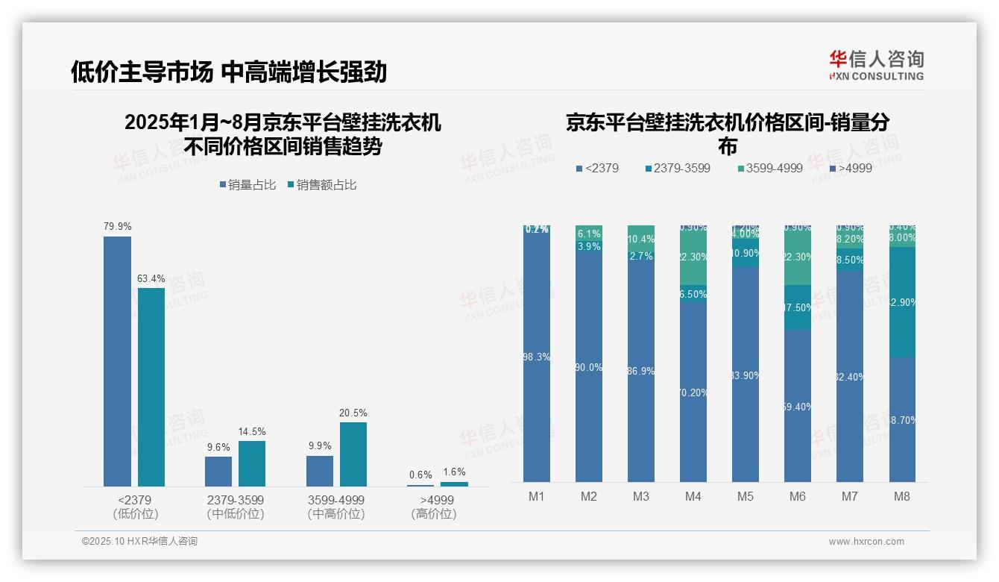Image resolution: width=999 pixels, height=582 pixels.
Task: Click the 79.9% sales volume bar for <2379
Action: pyautogui.click(x=117, y=361)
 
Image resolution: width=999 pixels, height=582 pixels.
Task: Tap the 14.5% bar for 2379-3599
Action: pyautogui.click(x=252, y=463)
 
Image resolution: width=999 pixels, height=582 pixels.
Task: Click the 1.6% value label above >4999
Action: pyautogui.click(x=454, y=472)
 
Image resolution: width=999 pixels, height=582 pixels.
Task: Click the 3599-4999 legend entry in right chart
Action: pyautogui.click(x=769, y=169)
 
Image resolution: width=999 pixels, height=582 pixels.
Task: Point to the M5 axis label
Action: pyautogui.click(x=746, y=496)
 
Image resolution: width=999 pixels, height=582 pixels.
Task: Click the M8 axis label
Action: pyautogui.click(x=902, y=496)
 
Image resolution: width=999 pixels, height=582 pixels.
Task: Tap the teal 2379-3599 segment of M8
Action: pyautogui.click(x=902, y=302)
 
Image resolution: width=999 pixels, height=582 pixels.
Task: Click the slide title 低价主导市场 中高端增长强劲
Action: pyautogui.click(x=229, y=72)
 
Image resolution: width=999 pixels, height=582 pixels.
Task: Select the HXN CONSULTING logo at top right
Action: pyautogui.click(x=876, y=66)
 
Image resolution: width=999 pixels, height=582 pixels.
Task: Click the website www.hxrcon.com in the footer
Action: pyautogui.click(x=866, y=542)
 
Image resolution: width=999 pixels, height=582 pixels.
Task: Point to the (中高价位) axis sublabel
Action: pyautogui.click(x=336, y=514)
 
